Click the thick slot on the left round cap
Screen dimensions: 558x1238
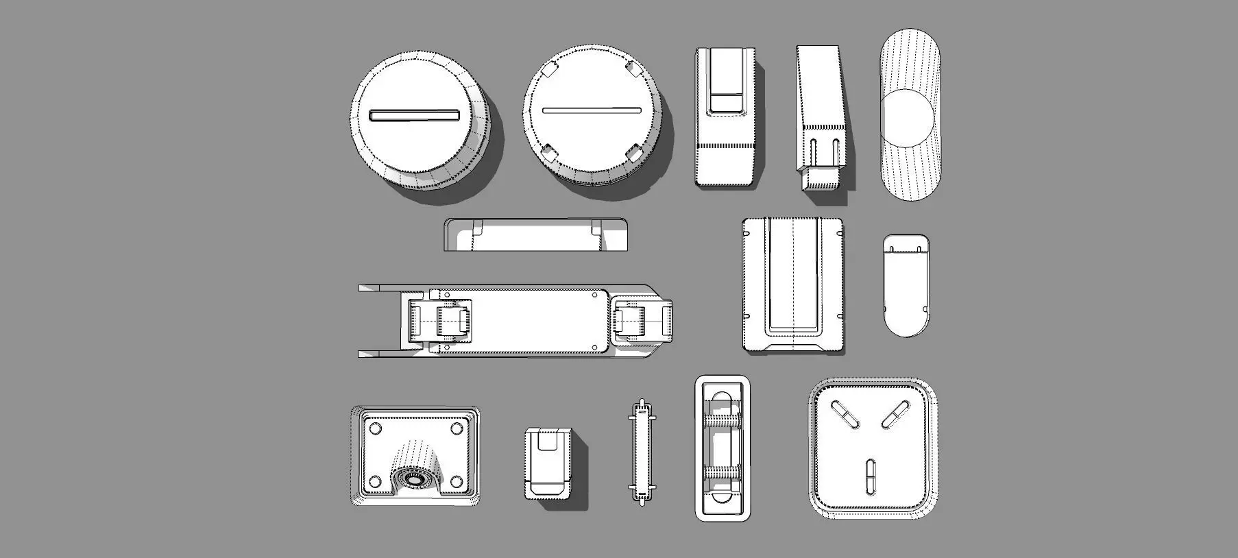(414, 115)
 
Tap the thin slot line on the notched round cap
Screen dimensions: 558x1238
(591, 110)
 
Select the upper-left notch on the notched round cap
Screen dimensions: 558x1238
(549, 70)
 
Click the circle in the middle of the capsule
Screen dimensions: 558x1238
(906, 117)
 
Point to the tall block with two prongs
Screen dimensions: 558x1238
(821, 117)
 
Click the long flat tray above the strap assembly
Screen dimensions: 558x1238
(535, 235)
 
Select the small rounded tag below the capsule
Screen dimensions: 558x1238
(906, 284)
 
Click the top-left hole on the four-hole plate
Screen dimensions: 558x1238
(375, 428)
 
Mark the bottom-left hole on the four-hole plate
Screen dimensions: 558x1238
(375, 480)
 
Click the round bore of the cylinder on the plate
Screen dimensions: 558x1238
(413, 478)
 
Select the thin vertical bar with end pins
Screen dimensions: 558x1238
(642, 452)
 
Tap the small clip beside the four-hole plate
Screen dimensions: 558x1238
(548, 463)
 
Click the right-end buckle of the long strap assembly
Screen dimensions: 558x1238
(640, 320)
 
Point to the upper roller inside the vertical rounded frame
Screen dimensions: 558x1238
(723, 420)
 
